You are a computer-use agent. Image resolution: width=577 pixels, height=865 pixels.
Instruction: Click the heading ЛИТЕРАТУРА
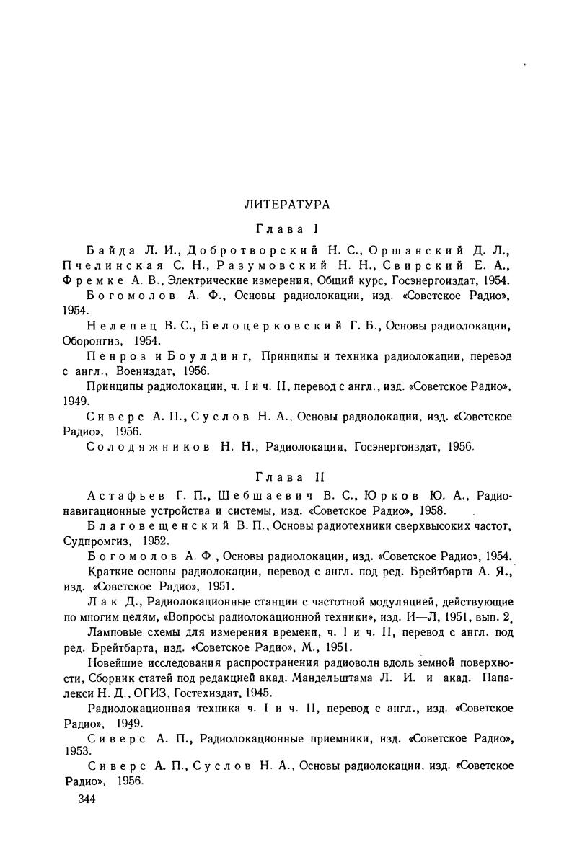[x=287, y=205]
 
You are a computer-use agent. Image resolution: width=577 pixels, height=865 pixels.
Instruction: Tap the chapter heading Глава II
[x=287, y=476]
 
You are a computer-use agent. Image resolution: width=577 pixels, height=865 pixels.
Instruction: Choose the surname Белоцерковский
[x=260, y=326]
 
